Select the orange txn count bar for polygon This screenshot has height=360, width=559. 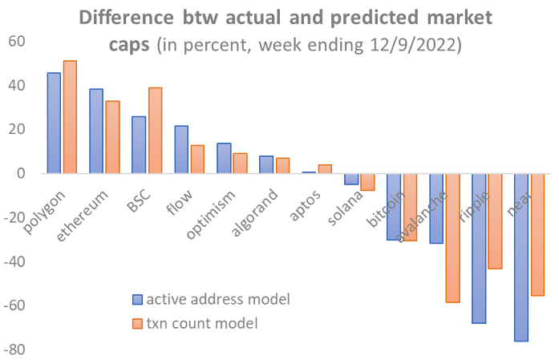(x=70, y=117)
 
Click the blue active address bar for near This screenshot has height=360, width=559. (x=521, y=257)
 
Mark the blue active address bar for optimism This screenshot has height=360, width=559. (x=224, y=158)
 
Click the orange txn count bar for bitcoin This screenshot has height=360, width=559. (x=411, y=207)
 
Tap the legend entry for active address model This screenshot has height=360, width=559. (x=211, y=299)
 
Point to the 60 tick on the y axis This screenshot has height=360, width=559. (x=17, y=42)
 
